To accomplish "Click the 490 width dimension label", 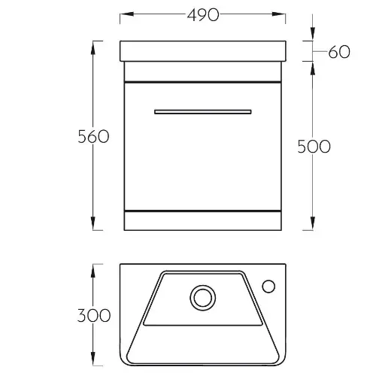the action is pyautogui.click(x=203, y=15).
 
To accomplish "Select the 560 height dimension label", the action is pyautogui.click(x=93, y=137).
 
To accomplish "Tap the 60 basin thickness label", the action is pyautogui.click(x=339, y=52).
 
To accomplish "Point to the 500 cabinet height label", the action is pyautogui.click(x=314, y=147).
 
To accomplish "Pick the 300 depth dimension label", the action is pyautogui.click(x=93, y=315).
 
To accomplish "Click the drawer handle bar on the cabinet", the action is pyautogui.click(x=203, y=112).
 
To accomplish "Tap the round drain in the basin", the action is pyautogui.click(x=203, y=298).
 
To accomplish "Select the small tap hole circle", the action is pyautogui.click(x=268, y=287).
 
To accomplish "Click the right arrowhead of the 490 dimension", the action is pyautogui.click(x=279, y=14).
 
